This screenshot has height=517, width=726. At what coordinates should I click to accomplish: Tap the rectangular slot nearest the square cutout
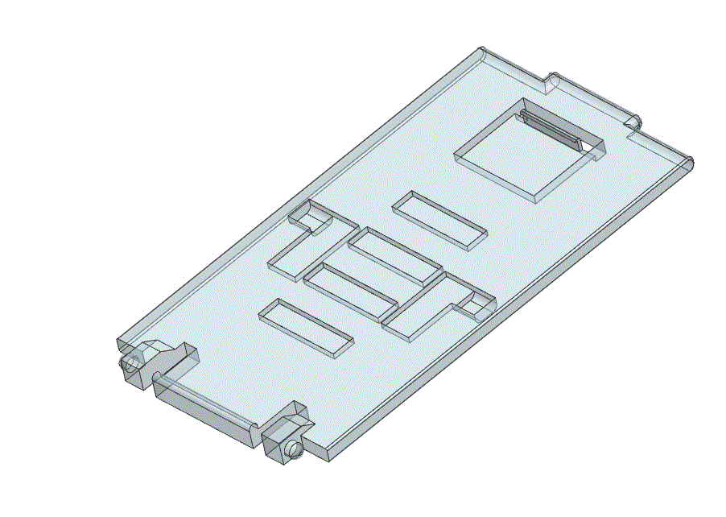pyautogui.click(x=439, y=220)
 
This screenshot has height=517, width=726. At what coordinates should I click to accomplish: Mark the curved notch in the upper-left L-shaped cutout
pyautogui.click(x=306, y=215)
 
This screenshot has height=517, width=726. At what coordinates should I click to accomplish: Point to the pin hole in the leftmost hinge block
pyautogui.click(x=127, y=365)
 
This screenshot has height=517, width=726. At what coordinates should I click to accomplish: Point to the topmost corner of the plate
pyautogui.click(x=483, y=50)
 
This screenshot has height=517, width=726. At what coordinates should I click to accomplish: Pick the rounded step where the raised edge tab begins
pyautogui.click(x=554, y=80)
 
